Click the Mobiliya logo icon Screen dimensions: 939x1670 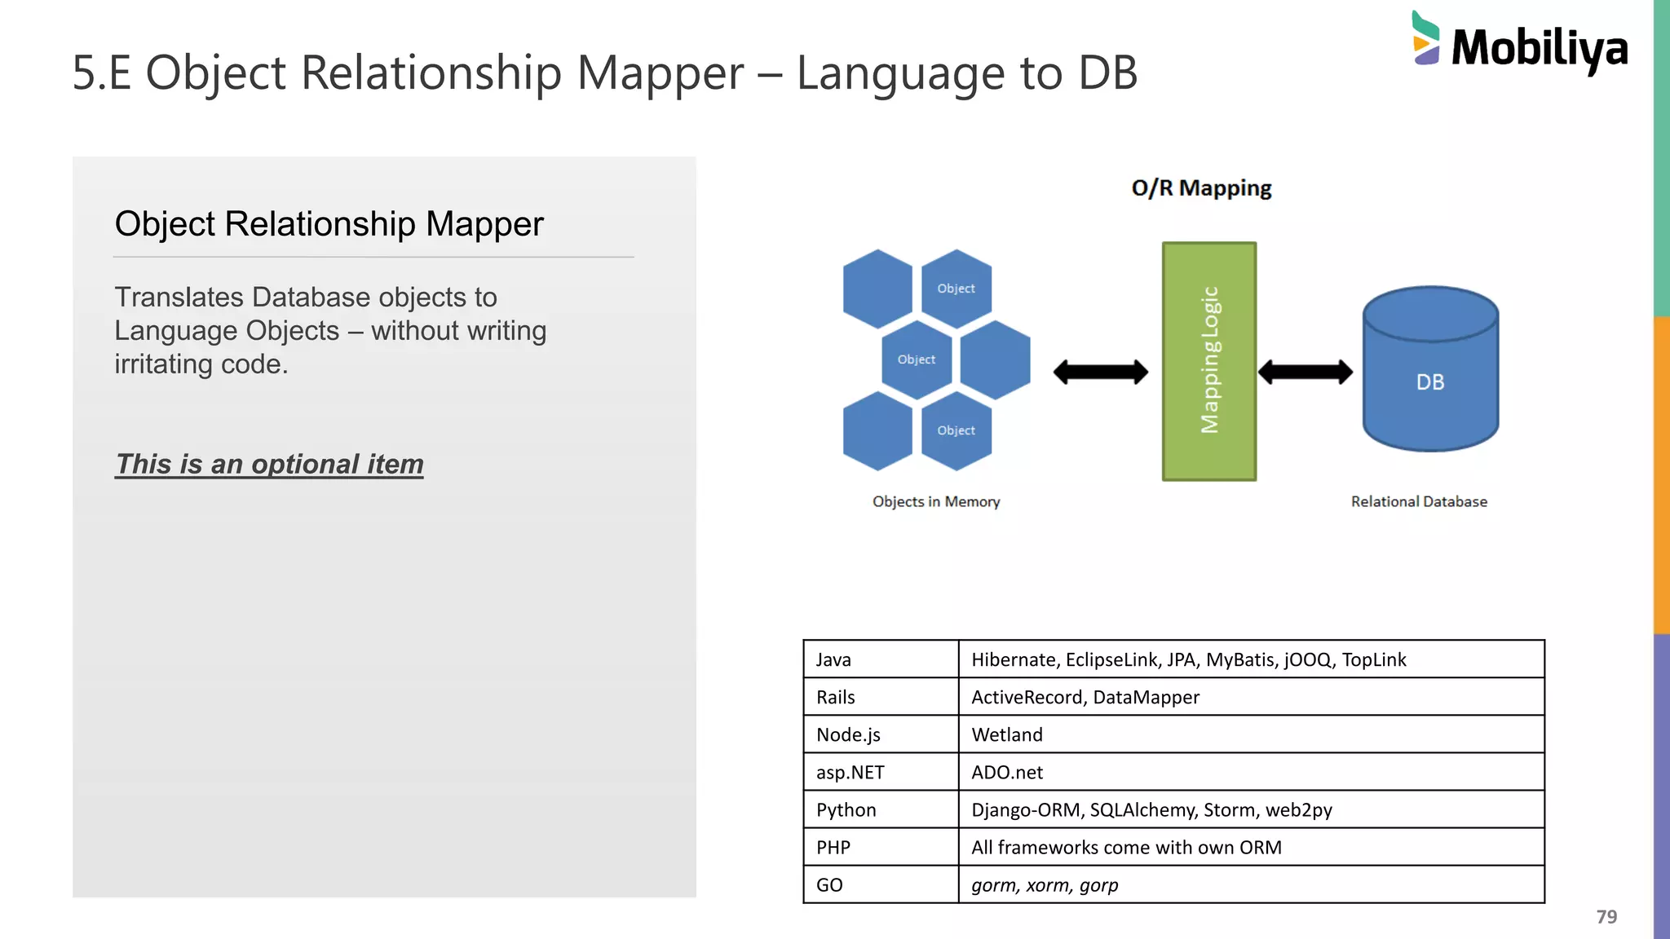pos(1425,38)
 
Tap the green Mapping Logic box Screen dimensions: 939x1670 pos(1208,361)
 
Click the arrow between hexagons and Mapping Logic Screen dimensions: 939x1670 pos(1100,373)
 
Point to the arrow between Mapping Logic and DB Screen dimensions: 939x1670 pos(1305,373)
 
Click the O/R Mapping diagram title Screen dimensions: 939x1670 pos(1201,188)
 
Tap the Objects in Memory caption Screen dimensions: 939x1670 pos(936,502)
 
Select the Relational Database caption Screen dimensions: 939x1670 pos(1419,502)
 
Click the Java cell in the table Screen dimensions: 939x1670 pos(833,659)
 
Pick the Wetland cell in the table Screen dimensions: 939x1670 pos(1007,734)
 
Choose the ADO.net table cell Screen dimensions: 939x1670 pos(1007,772)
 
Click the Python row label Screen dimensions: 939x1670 pos(846,809)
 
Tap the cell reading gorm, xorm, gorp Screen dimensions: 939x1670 pos(1045,884)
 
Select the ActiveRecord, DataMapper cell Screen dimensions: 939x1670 pos(1085,697)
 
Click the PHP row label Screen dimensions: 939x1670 pos(833,847)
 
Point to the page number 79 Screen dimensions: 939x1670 pos(1606,917)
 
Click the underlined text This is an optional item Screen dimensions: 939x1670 pos(269,464)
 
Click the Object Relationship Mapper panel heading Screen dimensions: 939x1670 pos(329,224)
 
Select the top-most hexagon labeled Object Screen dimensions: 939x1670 pos(956,289)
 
